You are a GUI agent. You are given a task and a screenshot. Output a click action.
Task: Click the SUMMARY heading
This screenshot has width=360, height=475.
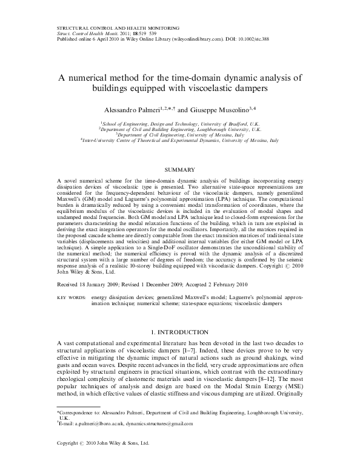coord(180,171)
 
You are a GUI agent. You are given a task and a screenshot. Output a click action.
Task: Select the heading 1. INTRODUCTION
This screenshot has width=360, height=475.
coord(180,334)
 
